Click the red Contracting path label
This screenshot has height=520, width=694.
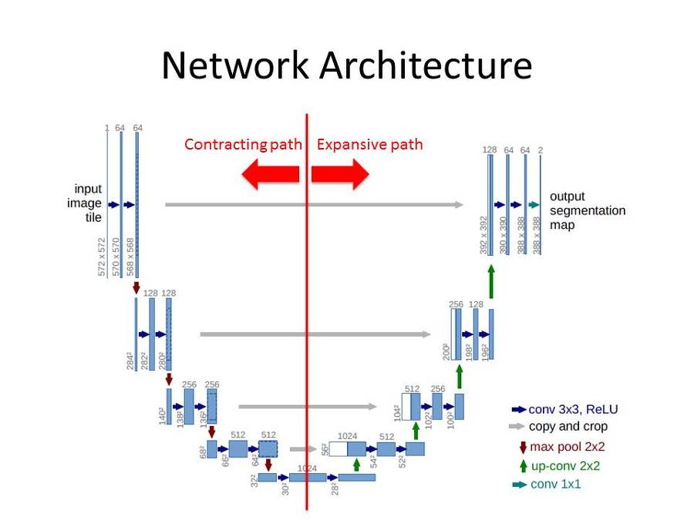242,144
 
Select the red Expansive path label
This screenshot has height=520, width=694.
369,144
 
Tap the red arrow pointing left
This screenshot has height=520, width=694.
271,175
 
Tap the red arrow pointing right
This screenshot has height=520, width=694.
340,175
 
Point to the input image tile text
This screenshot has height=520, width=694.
88,203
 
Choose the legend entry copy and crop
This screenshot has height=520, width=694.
568,427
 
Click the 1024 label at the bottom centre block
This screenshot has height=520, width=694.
308,468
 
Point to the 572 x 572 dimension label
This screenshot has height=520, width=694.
102,257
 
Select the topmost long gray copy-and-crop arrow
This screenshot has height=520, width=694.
314,204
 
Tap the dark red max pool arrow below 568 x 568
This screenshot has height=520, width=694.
136,287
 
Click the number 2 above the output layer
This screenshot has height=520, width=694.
540,149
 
